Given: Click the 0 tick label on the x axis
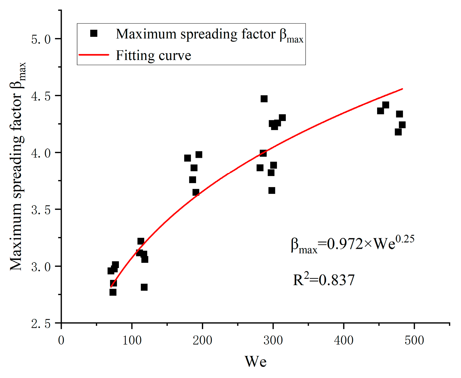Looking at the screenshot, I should pyautogui.click(x=61, y=340).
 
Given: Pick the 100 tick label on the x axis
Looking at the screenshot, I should pyautogui.click(x=132, y=340).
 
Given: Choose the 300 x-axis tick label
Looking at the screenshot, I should pyautogui.click(x=273, y=340).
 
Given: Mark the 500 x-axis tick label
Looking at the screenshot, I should pyautogui.click(x=414, y=340).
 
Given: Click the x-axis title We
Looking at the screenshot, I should pyautogui.click(x=255, y=361).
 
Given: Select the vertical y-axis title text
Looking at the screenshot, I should pyautogui.click(x=18, y=166).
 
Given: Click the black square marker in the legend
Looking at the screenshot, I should pyautogui.click(x=94, y=33).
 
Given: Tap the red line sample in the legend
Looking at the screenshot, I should pyautogui.click(x=94, y=55).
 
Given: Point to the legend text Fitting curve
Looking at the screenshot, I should pyautogui.click(x=153, y=56).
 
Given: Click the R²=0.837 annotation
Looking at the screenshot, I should pyautogui.click(x=324, y=280).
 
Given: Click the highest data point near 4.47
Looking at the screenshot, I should pyautogui.click(x=264, y=99).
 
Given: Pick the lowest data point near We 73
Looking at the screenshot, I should pyautogui.click(x=113, y=292).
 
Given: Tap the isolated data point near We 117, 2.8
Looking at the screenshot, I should pyautogui.click(x=144, y=287).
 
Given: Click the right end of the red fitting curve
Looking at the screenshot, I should pyautogui.click(x=402, y=89).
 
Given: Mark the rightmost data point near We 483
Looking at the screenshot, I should pyautogui.click(x=402, y=125).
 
